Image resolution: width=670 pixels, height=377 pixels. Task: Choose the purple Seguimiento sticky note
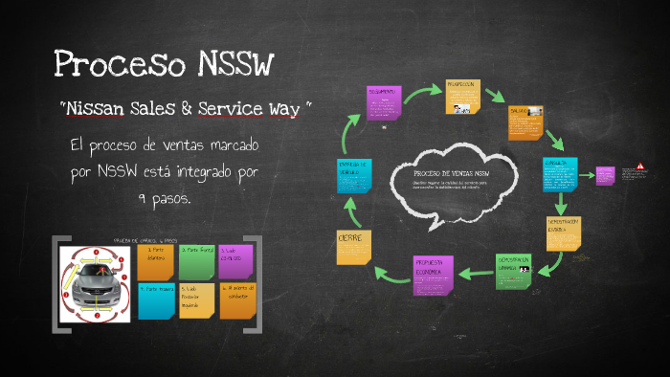pyautogui.click(x=384, y=103)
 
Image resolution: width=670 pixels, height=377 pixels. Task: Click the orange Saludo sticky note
pyautogui.click(x=525, y=122)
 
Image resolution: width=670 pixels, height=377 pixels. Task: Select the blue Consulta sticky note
pyautogui.click(x=560, y=173)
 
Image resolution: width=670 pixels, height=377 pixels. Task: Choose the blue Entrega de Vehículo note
pyautogui.click(x=354, y=179)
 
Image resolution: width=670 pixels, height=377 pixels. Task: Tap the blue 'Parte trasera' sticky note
pyautogui.click(x=156, y=300)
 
